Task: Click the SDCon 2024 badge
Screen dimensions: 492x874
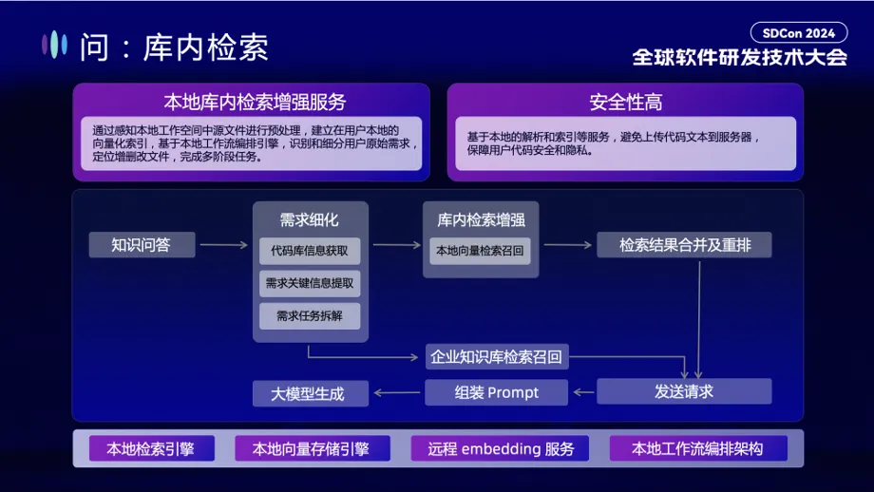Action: pyautogui.click(x=812, y=32)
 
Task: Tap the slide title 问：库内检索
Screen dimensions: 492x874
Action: pyautogui.click(x=174, y=47)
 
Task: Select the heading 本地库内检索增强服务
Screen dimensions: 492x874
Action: pyautogui.click(x=255, y=102)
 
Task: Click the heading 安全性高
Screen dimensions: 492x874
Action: pyautogui.click(x=625, y=102)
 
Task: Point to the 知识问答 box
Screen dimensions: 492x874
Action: pyautogui.click(x=142, y=245)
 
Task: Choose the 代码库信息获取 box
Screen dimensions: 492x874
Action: pyautogui.click(x=310, y=251)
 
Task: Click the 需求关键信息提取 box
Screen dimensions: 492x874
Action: pyautogui.click(x=310, y=283)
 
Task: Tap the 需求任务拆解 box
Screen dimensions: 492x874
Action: pyautogui.click(x=310, y=315)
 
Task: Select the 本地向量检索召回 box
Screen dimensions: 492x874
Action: pyautogui.click(x=480, y=251)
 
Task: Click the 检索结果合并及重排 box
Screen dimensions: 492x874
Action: pyautogui.click(x=683, y=245)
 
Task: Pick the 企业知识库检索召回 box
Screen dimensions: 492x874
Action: pyautogui.click(x=496, y=357)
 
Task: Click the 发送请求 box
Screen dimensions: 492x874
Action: pyautogui.click(x=683, y=391)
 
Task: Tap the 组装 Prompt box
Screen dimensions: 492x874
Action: pyautogui.click(x=496, y=392)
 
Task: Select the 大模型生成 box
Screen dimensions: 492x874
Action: pyautogui.click(x=310, y=392)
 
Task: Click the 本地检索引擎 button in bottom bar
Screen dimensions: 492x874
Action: pyautogui.click(x=151, y=448)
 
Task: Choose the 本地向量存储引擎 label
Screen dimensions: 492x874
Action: pyautogui.click(x=312, y=448)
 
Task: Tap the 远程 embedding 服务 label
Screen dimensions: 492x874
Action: pyautogui.click(x=500, y=448)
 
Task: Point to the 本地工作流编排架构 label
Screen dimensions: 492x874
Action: pyautogui.click(x=696, y=448)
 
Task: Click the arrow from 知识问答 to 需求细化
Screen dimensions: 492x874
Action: pyautogui.click(x=223, y=245)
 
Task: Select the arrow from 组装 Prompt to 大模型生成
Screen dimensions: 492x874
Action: pyautogui.click(x=396, y=392)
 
